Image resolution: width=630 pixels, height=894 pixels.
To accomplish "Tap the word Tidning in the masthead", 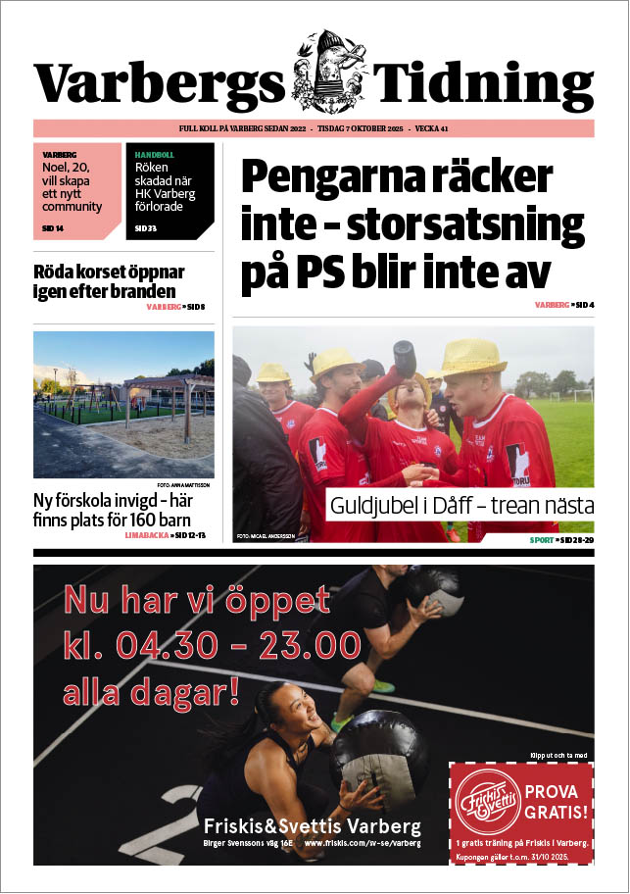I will (x=486, y=84).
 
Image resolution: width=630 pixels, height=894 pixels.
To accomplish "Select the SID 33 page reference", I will (x=146, y=228).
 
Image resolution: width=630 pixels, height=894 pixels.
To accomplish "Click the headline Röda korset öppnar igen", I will (x=105, y=281).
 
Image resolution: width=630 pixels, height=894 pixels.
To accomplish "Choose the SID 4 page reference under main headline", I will (x=584, y=305).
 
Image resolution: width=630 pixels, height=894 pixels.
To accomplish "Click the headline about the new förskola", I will (x=111, y=510).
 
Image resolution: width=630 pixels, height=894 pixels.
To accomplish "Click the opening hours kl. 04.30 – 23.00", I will (x=213, y=646).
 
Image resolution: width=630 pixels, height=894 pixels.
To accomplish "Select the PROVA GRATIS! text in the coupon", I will (x=557, y=801).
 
